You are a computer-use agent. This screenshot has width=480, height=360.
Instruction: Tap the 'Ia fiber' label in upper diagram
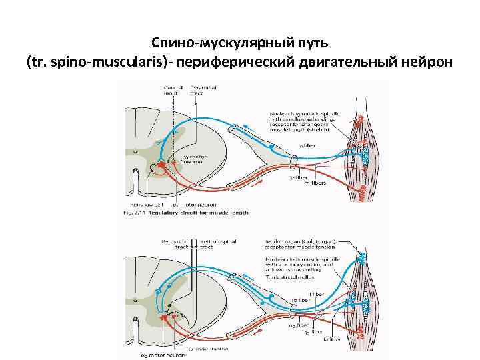coord(307,144)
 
